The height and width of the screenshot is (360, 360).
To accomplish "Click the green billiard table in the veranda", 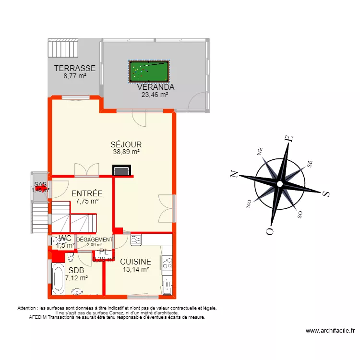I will (149, 71).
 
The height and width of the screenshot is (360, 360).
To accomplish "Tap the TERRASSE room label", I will (74, 68).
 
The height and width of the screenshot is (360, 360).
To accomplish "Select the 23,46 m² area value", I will (154, 95).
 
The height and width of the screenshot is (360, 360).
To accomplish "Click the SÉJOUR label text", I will (126, 144).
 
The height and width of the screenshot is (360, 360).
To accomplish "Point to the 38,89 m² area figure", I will (126, 152).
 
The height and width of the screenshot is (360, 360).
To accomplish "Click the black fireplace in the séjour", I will (121, 170).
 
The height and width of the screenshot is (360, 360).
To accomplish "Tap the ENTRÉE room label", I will (87, 193).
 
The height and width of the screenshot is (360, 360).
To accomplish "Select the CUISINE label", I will (135, 262).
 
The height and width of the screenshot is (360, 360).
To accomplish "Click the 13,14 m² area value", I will (135, 269).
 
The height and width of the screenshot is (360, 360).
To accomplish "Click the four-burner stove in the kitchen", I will (168, 263).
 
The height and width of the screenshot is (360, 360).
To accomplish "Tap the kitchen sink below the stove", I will (167, 286).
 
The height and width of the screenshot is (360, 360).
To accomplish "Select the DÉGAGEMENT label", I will (95, 240).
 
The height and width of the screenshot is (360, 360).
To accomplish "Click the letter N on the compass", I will (235, 174).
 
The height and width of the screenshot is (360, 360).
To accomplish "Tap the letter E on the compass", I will (288, 139).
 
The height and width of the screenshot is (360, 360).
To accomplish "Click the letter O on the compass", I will (269, 231).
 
